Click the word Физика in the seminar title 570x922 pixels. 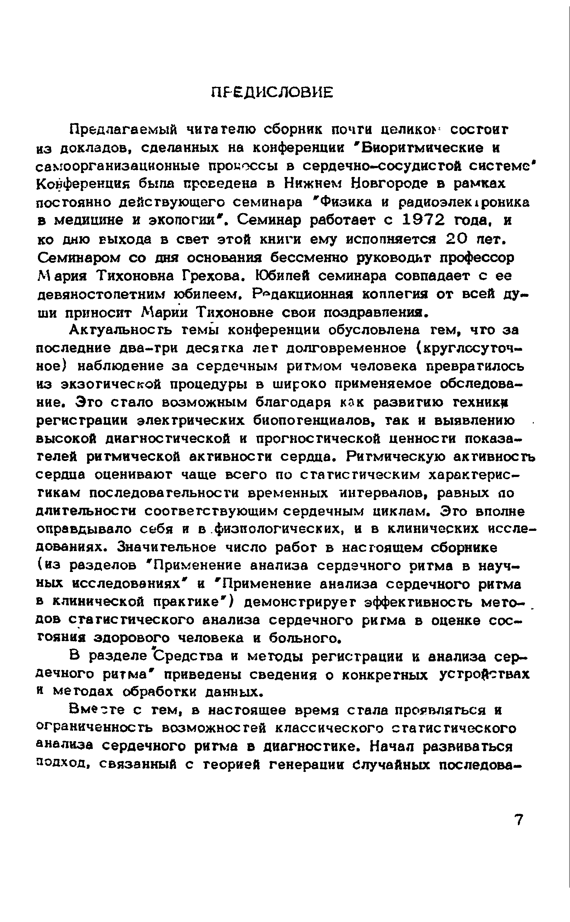pyautogui.click(x=341, y=202)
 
